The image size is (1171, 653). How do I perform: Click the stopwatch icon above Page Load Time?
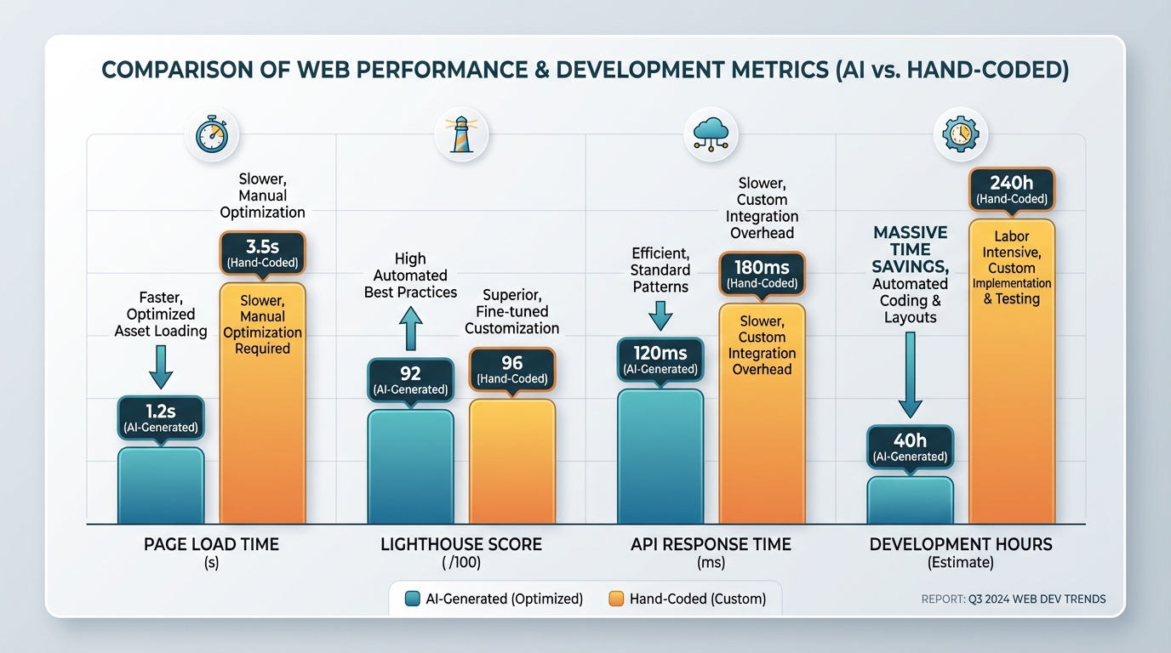click(212, 135)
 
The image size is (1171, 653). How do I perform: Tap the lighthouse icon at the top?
click(461, 135)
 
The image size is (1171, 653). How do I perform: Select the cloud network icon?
click(711, 135)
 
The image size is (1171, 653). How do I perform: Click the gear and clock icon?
click(961, 134)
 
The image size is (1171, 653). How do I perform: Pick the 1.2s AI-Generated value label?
click(161, 417)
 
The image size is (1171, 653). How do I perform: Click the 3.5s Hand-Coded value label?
click(262, 253)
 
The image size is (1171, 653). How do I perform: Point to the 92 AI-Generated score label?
click(410, 380)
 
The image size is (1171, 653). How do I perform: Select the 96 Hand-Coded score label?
click(512, 370)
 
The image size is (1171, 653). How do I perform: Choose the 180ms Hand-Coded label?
click(762, 274)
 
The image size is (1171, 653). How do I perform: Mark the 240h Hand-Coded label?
click(1012, 190)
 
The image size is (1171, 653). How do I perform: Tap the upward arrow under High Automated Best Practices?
click(410, 328)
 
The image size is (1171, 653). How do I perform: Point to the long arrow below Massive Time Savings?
click(910, 374)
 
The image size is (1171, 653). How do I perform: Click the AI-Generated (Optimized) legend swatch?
click(413, 599)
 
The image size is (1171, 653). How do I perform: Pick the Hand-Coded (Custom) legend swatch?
click(617, 599)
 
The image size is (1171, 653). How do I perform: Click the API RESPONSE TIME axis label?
click(711, 544)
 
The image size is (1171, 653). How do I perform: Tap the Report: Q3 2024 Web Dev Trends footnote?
click(1014, 599)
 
